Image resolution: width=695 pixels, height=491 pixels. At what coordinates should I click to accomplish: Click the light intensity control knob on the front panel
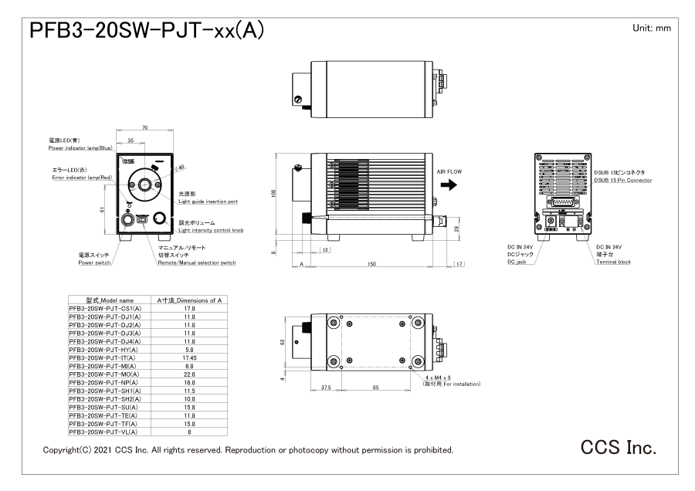[161, 218]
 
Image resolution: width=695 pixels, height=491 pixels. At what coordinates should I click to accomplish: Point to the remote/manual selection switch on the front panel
[142, 219]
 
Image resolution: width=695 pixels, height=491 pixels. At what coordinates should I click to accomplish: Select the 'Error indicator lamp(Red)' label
[80, 176]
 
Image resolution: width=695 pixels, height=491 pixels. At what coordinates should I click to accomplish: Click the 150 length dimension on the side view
[372, 263]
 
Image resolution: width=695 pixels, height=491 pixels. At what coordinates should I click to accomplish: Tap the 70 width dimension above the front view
[144, 127]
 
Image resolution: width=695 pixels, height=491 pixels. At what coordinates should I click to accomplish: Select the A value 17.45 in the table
[188, 357]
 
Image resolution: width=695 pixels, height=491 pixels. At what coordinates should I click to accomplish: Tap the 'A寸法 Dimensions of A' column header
[188, 300]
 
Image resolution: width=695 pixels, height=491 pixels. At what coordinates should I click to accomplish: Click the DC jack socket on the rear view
[551, 220]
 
